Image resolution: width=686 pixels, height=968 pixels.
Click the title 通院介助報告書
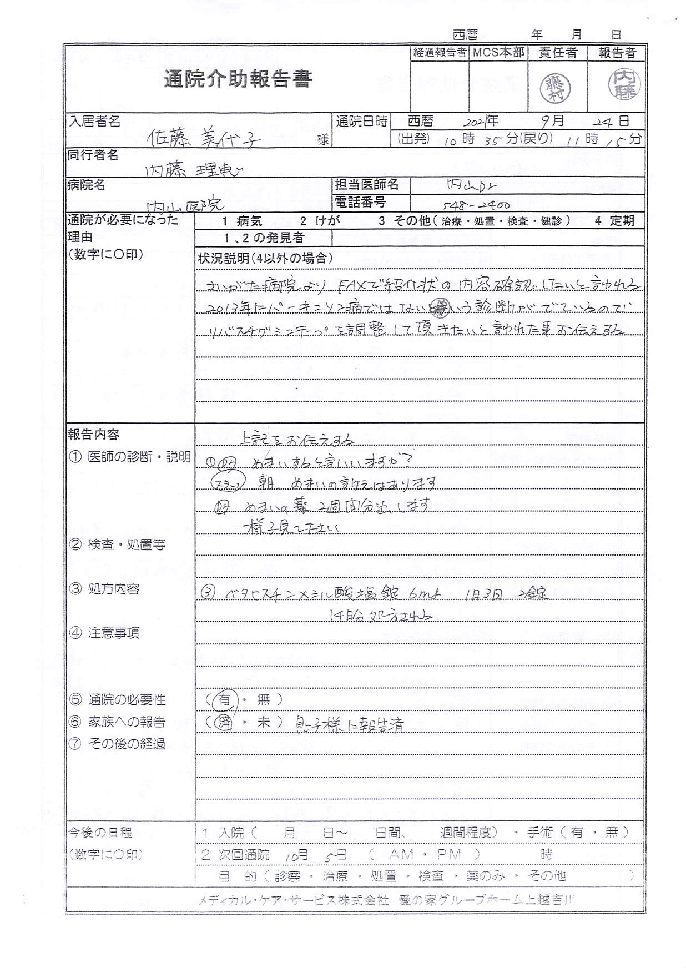click(238, 80)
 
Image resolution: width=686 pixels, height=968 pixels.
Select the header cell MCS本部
click(498, 53)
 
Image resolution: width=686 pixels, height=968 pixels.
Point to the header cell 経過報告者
click(440, 53)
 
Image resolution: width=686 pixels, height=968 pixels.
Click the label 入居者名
click(94, 122)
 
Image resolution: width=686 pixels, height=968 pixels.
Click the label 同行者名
click(93, 155)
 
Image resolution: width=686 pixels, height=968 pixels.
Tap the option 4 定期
click(613, 221)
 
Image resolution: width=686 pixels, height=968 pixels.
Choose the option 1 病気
click(241, 221)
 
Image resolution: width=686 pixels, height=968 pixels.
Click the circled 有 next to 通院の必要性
click(224, 700)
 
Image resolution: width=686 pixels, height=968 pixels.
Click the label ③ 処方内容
click(104, 589)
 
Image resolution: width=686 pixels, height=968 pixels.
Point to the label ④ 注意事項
click(104, 633)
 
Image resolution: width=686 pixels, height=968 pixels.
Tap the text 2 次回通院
click(235, 854)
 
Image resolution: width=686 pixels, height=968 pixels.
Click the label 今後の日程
click(100, 832)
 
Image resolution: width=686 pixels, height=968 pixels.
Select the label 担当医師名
click(366, 185)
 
